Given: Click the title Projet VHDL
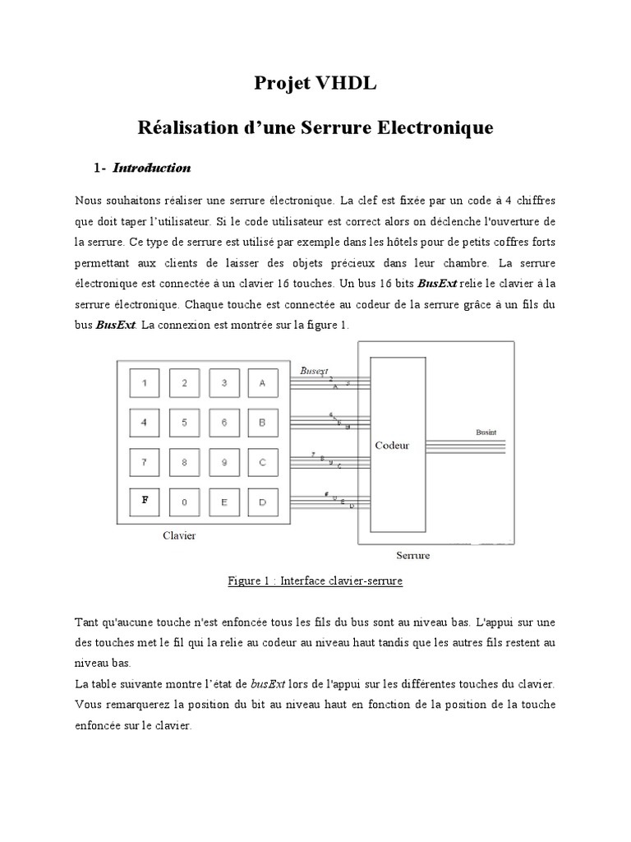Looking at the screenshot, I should (315, 83).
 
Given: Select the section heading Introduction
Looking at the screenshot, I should (151, 169).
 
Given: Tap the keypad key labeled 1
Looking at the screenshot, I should (145, 382).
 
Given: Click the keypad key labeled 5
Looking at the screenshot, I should (184, 423).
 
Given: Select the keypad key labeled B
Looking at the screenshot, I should (262, 423).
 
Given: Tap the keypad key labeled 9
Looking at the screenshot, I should (223, 462).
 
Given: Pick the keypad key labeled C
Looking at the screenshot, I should (262, 462).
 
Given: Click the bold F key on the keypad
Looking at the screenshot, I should (145, 500).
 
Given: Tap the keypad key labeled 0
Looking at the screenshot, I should (184, 502).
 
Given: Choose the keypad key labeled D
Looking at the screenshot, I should (262, 502).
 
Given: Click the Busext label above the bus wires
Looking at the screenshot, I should (314, 370).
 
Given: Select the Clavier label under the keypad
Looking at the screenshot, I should (178, 535).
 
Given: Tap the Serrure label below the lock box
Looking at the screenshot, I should (413, 555).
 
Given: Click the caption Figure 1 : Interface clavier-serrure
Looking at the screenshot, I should (315, 581).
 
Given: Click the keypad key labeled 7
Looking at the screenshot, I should (145, 462).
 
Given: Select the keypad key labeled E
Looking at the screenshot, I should (223, 502).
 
